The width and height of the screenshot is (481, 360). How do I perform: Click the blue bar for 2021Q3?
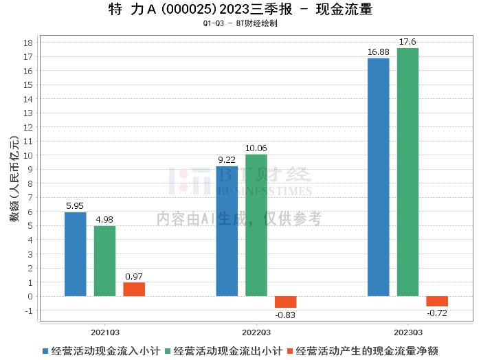pyautogui.click(x=76, y=254)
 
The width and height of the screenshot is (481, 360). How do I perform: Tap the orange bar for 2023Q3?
pyautogui.click(x=437, y=302)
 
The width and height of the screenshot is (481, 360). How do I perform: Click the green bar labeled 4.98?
pyautogui.click(x=104, y=261)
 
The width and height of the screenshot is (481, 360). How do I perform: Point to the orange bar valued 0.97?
pyautogui.click(x=134, y=289)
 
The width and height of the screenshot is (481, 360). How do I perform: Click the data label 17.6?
pyautogui.click(x=407, y=42)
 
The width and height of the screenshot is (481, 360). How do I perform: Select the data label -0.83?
pyautogui.click(x=285, y=315)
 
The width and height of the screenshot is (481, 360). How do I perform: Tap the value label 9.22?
pyautogui.click(x=227, y=160)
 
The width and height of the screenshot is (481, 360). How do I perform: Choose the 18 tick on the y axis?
pyautogui.click(x=29, y=43)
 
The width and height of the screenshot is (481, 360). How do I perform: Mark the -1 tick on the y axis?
pyautogui.click(x=29, y=311)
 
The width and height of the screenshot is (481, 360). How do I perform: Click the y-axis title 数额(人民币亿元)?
pyautogui.click(x=13, y=177)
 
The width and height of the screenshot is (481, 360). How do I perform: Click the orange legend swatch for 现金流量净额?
pyautogui.click(x=291, y=350)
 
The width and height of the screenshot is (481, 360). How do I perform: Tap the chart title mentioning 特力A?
pyautogui.click(x=240, y=10)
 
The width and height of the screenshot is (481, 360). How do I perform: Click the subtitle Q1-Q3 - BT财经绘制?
pyautogui.click(x=240, y=23)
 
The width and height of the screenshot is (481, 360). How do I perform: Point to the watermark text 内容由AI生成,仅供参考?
pyautogui.click(x=239, y=219)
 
